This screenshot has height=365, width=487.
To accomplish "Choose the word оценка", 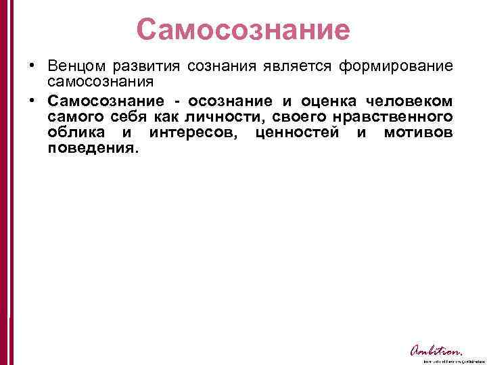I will (322, 101).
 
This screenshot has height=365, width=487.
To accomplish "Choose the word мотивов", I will (418, 133).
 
